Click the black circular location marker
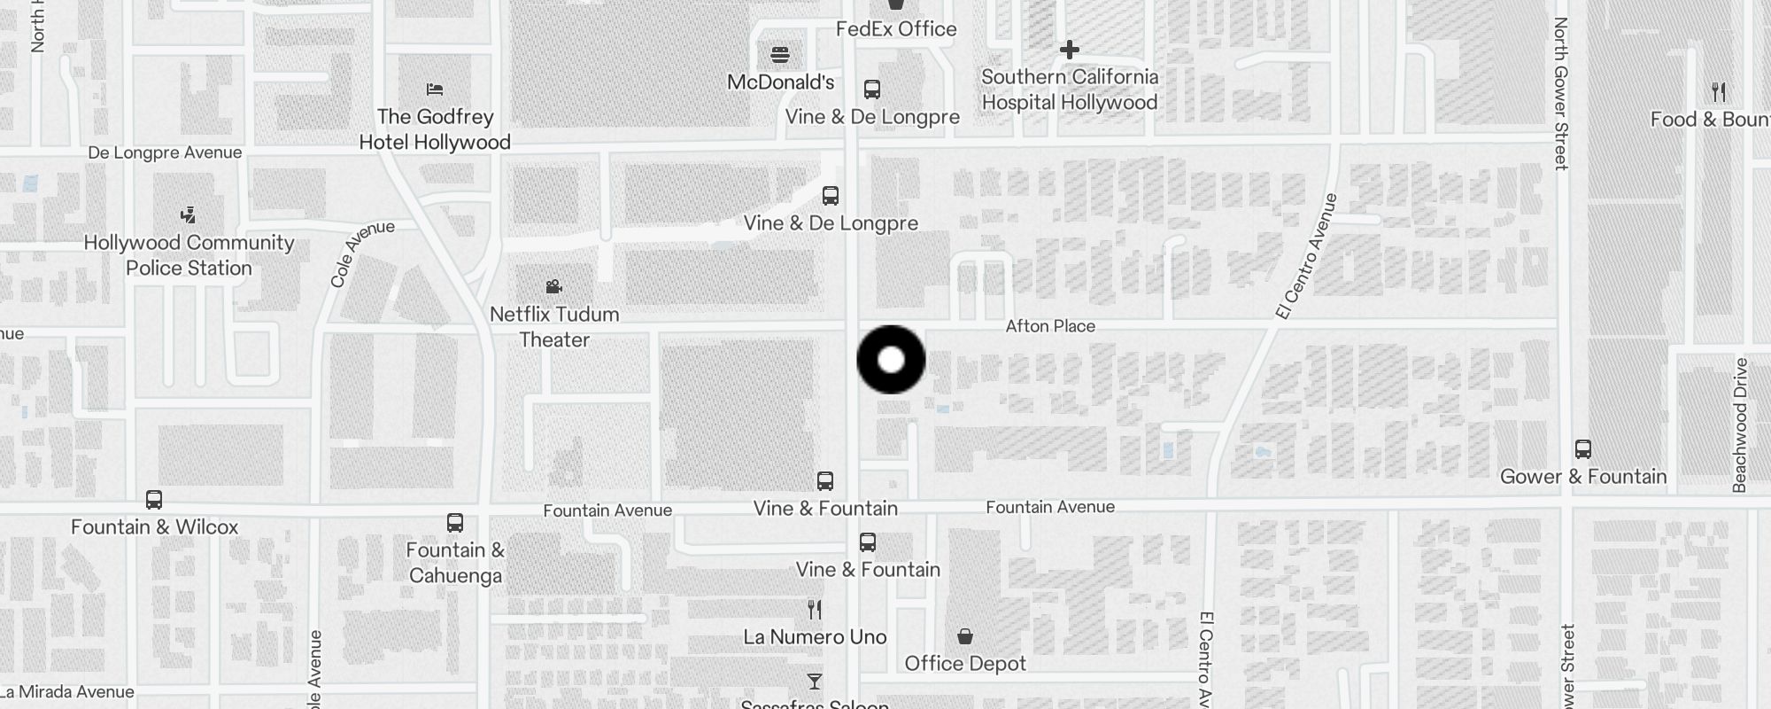click(891, 360)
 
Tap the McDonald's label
click(780, 82)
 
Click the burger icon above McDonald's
click(780, 55)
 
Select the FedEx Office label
click(896, 29)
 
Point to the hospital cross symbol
click(1070, 50)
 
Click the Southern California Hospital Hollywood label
click(1070, 90)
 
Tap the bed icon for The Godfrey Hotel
click(435, 90)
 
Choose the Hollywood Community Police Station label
click(189, 255)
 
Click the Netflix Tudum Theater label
click(554, 327)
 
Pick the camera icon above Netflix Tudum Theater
click(554, 286)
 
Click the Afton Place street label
click(1050, 326)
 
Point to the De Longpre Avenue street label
click(165, 152)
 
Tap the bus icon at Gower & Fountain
click(1583, 449)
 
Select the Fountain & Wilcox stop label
click(155, 527)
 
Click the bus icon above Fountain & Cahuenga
click(455, 523)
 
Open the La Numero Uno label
click(815, 637)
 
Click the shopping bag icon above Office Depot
click(965, 636)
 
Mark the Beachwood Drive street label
click(1740, 425)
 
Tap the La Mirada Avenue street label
click(69, 692)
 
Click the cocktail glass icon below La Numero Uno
click(815, 682)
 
